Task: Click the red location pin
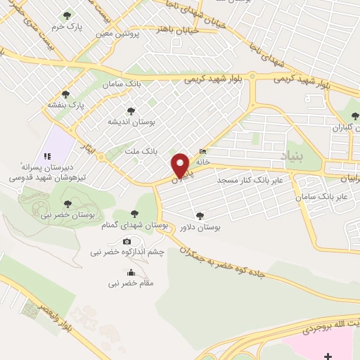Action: point(181,165)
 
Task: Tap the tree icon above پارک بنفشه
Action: point(66,94)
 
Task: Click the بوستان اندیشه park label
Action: point(130,122)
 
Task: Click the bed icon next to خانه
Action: point(203,151)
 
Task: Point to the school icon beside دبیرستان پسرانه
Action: point(47,155)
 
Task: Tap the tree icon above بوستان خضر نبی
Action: point(67,204)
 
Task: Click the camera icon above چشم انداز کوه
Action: point(127,242)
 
